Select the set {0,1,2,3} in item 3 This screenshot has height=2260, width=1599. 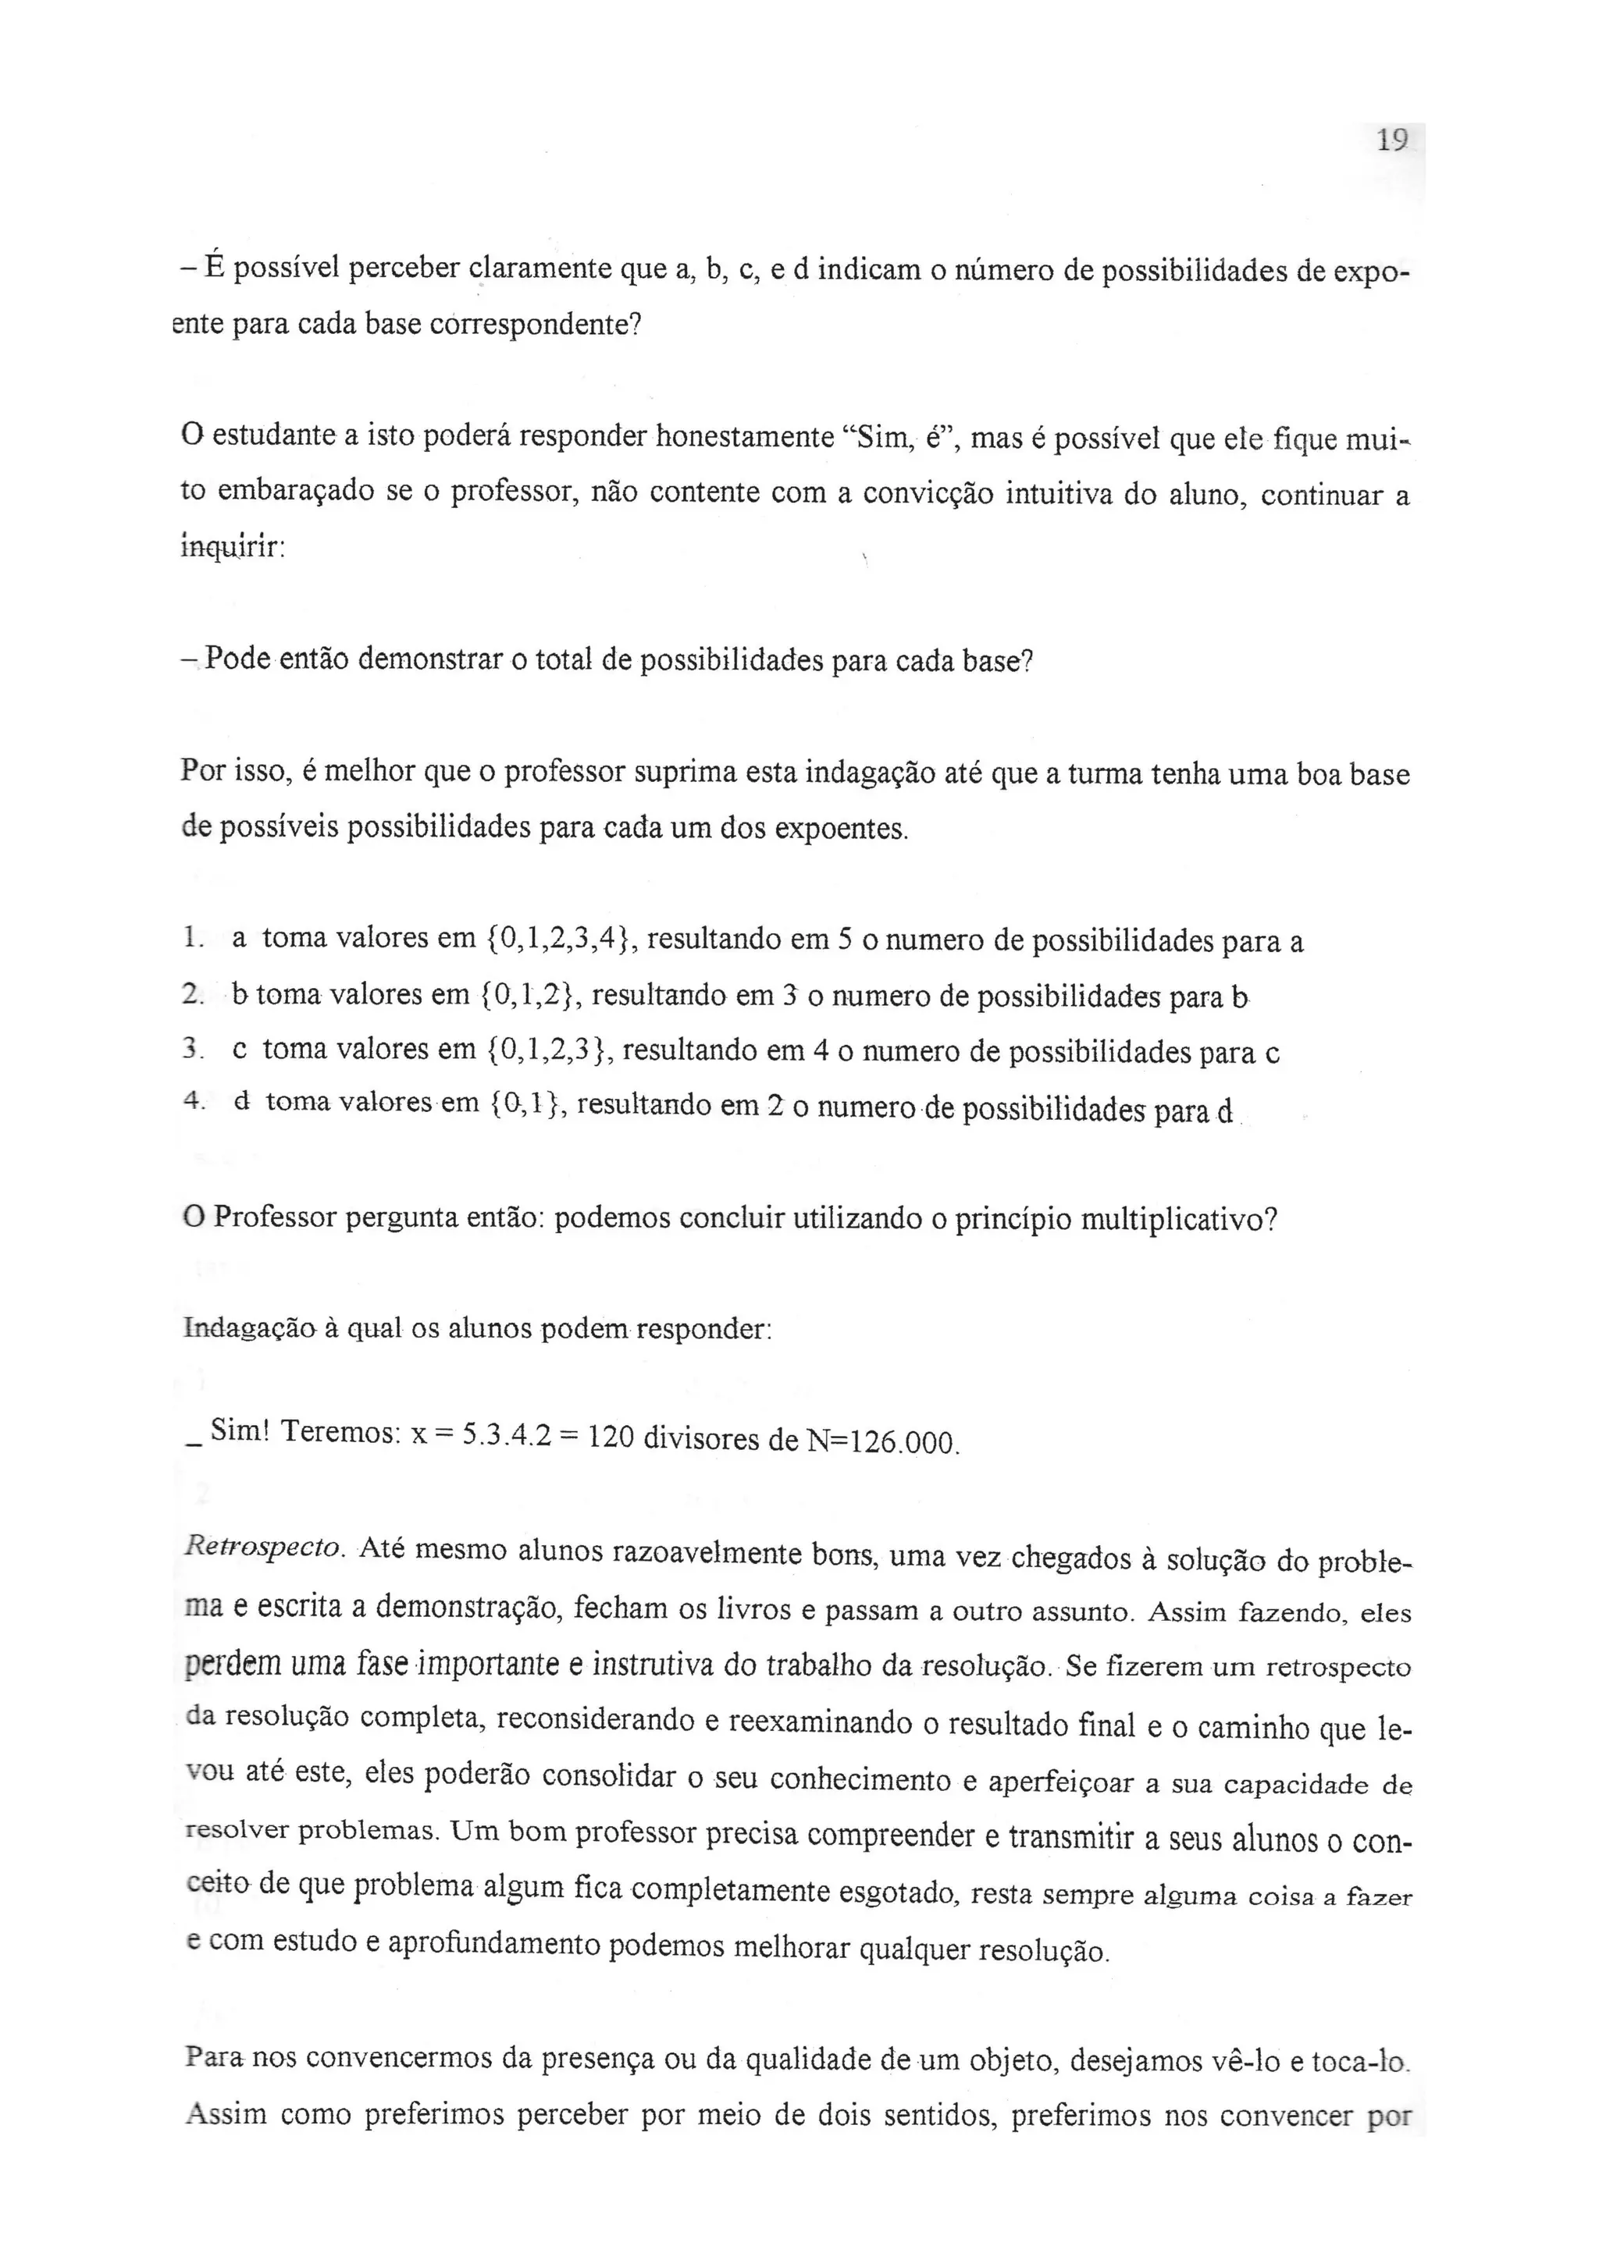point(550,1050)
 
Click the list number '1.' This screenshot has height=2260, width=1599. point(193,939)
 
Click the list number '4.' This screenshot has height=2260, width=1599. point(194,1103)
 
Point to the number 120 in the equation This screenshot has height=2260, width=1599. point(611,1439)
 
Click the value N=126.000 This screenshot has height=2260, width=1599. point(881,1443)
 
